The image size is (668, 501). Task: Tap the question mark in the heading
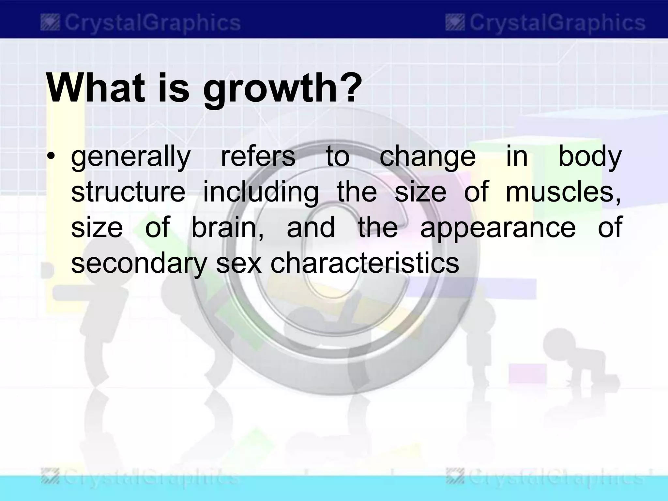coord(350,85)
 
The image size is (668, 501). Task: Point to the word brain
coord(227,228)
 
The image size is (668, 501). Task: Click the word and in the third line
coord(311,228)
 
